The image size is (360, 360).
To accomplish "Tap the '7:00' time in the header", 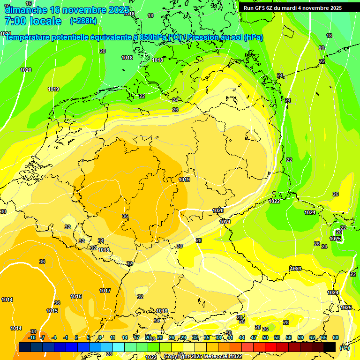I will click(x=15, y=21).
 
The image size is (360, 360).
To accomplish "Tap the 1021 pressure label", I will click(x=225, y=221).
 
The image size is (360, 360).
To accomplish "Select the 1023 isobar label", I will click(x=295, y=269).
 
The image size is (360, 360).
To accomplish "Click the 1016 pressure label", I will click(x=76, y=296).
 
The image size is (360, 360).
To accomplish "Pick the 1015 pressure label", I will click(x=52, y=311).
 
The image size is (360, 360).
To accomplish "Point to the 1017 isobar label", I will click(x=105, y=291).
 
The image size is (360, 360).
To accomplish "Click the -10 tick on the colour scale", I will click(x=32, y=337).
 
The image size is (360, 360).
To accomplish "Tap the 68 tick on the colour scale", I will click(x=336, y=337).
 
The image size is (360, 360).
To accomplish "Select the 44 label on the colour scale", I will click(x=242, y=337).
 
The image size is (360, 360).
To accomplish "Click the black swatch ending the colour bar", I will click(x=330, y=347).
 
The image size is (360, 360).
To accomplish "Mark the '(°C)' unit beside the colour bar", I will click(x=344, y=348).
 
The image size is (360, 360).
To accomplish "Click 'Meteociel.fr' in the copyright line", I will click(x=225, y=357).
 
